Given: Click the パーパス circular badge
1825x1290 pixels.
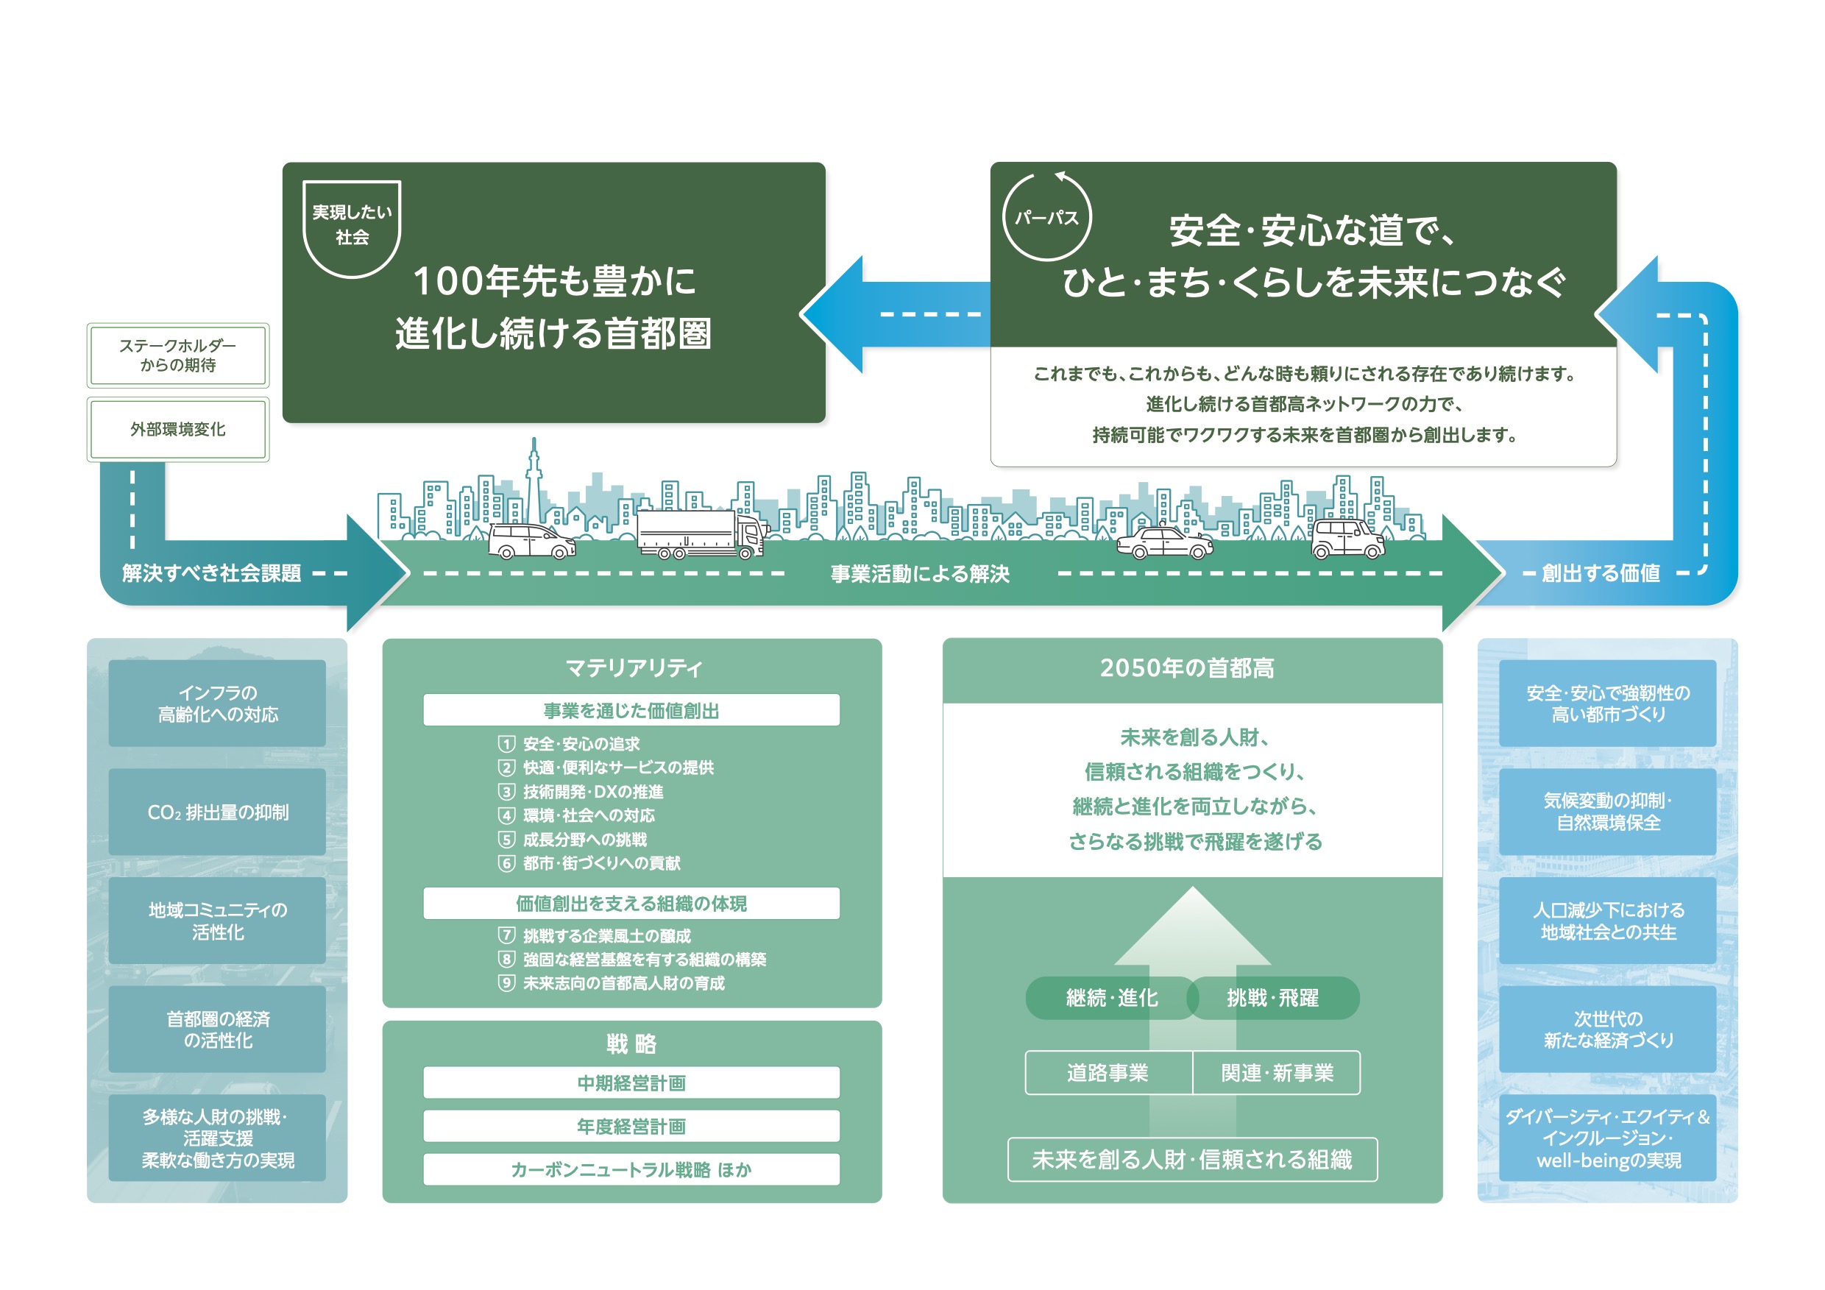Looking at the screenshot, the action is pos(1048,217).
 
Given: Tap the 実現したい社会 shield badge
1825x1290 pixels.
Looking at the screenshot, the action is pos(352,229).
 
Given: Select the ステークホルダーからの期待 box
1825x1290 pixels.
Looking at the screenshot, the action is pos(178,355).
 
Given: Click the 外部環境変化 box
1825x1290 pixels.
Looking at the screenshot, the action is pos(178,429).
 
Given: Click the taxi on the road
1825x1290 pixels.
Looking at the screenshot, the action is pos(1164,543).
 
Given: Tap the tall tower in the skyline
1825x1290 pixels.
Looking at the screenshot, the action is pos(534,481).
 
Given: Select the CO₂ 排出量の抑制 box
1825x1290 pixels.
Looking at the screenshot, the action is pos(217,812).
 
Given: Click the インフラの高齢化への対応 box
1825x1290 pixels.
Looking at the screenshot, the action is pos(217,703).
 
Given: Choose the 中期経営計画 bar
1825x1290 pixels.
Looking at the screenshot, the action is pos(631,1082).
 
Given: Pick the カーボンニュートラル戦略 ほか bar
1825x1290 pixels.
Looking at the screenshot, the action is pos(631,1169).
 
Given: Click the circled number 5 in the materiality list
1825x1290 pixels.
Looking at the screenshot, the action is pos(506,840).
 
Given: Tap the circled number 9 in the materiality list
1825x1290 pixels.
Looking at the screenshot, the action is pos(506,983).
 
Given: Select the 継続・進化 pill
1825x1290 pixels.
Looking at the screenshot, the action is pos(1111,998).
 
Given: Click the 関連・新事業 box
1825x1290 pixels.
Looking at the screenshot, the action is pos(1277,1073).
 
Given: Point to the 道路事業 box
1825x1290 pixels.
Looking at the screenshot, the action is pos(1109,1073).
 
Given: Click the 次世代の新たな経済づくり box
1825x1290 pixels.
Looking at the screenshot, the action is pos(1607,1029).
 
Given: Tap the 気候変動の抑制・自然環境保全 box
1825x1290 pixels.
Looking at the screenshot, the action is pos(1607,812).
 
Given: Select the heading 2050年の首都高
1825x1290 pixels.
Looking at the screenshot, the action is pos(1187,667).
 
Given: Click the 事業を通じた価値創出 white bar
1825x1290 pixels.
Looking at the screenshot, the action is pos(631,710).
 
